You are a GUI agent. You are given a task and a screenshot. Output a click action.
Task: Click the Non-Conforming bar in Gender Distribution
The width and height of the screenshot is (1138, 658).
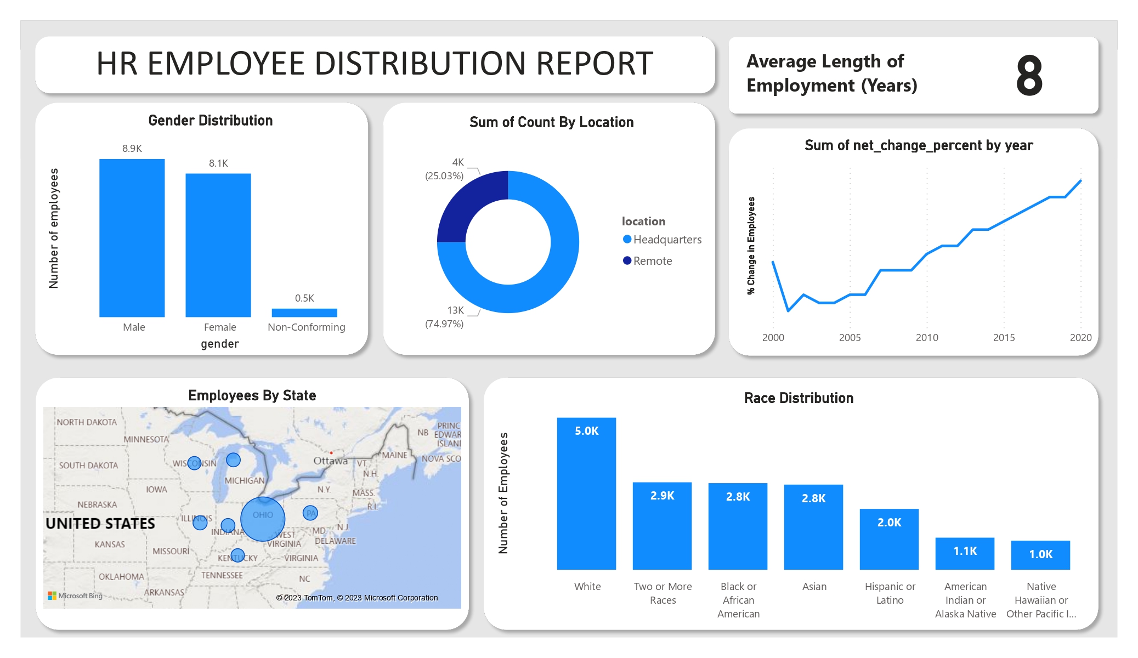(x=304, y=313)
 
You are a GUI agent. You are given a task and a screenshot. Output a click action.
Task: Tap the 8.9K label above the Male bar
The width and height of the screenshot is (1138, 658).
(x=132, y=149)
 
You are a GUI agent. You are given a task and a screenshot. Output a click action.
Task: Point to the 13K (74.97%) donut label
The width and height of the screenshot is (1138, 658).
(x=445, y=317)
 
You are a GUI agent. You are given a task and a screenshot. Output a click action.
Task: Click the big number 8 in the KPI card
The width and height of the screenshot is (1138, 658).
(x=1029, y=76)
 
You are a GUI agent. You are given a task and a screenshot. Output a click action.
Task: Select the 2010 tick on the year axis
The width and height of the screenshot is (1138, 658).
(x=927, y=338)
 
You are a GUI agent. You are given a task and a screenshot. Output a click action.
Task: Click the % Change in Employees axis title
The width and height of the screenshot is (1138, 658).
(x=751, y=246)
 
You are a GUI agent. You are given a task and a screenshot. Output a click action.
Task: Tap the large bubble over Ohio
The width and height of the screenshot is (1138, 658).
(x=263, y=519)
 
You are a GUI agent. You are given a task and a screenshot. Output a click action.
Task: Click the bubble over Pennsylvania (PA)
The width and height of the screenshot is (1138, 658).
(x=310, y=513)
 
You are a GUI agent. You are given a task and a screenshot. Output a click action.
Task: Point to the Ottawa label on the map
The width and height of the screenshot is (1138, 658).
(x=330, y=461)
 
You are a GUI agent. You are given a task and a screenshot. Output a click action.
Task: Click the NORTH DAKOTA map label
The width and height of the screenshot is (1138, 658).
(x=87, y=422)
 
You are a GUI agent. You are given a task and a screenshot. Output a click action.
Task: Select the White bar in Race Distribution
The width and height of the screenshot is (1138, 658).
(x=586, y=493)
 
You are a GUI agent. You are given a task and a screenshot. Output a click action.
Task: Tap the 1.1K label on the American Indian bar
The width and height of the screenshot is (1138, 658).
(x=965, y=551)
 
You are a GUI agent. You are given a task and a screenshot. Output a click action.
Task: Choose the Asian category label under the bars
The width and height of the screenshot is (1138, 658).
(x=814, y=587)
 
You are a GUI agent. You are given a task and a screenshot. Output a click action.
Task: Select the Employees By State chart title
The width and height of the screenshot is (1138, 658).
(x=252, y=395)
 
